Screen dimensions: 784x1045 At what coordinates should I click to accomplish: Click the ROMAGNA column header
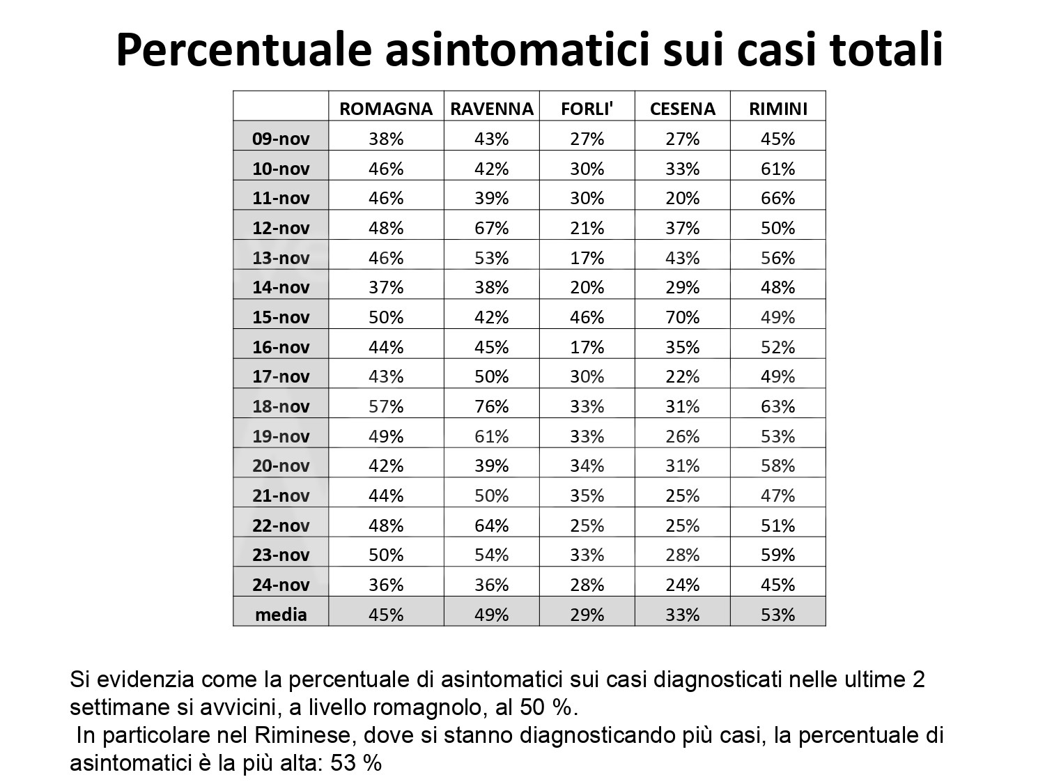pos(386,109)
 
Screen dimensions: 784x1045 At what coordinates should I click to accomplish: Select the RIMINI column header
pos(777,109)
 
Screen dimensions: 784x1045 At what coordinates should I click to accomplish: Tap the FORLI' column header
pos(587,109)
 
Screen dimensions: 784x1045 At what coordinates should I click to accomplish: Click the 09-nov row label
pos(281,139)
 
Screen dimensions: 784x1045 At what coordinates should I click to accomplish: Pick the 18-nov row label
pos(281,406)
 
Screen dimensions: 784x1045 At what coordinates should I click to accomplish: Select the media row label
pos(281,615)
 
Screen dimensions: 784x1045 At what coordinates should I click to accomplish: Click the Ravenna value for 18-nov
pos(491,406)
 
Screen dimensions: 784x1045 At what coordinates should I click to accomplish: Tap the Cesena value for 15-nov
pos(682,317)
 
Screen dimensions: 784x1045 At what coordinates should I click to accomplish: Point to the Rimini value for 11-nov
pos(777,198)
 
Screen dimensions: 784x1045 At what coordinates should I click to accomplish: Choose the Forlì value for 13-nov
pos(587,258)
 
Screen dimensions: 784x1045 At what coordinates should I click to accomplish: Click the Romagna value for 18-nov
pos(386,406)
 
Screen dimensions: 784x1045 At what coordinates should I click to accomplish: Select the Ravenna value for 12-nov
pos(491,228)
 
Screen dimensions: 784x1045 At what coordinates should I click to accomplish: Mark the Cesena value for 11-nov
pos(682,198)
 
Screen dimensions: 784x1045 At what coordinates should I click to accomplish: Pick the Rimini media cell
pos(777,615)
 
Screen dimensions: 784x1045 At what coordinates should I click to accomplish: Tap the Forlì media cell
pos(587,615)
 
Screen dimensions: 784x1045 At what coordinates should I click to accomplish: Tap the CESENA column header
pos(682,109)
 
